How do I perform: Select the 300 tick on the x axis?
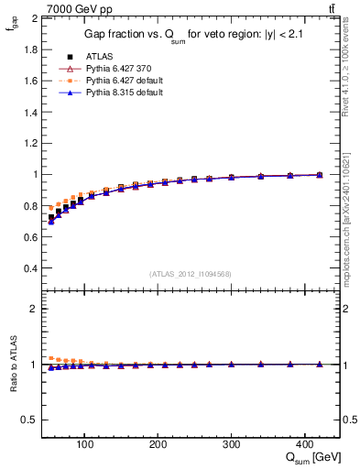tap(231, 443)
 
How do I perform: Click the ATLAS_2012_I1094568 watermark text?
tap(189, 274)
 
